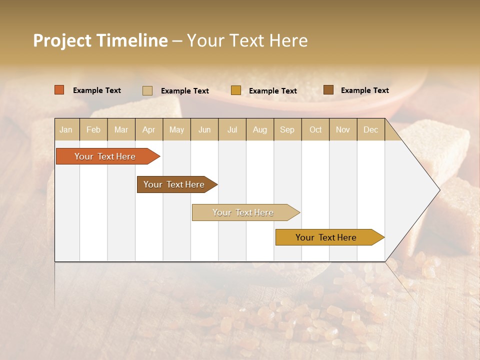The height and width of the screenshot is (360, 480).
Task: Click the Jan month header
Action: click(66, 129)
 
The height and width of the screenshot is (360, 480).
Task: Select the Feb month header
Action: click(93, 129)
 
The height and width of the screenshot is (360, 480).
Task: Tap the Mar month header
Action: click(121, 129)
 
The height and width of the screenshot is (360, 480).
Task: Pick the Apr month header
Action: click(149, 129)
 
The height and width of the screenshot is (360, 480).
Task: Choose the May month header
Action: click(176, 129)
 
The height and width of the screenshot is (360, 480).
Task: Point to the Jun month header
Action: click(204, 129)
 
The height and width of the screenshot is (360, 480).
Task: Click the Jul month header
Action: click(232, 129)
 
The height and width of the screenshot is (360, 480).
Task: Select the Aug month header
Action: click(260, 129)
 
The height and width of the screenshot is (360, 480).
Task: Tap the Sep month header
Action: click(287, 129)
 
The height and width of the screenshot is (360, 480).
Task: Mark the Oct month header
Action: click(315, 129)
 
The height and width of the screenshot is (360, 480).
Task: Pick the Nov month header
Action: click(343, 129)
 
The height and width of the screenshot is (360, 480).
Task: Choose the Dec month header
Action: click(371, 129)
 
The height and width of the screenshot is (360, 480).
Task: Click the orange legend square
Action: click(59, 90)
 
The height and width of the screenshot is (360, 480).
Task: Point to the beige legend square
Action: click(147, 90)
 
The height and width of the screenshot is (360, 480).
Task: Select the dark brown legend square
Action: click(328, 90)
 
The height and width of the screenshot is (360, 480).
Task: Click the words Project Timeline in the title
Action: click(100, 40)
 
